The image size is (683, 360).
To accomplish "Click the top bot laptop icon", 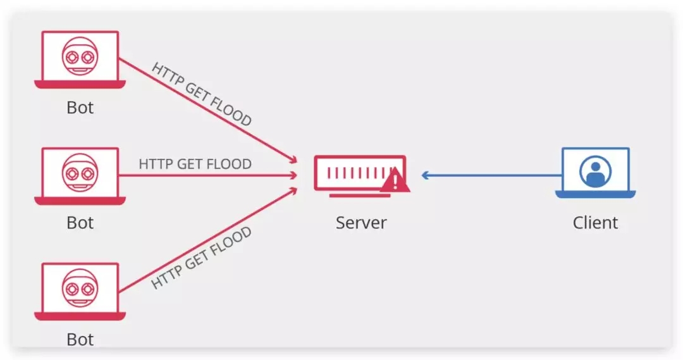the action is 80,59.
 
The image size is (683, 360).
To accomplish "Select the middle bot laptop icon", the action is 80,176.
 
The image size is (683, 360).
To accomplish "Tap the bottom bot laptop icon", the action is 80,292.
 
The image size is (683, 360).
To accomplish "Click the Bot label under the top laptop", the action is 80,108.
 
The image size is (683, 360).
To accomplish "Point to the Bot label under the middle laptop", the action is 80,223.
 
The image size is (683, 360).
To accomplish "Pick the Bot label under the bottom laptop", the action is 80,339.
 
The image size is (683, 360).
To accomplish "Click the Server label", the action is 361,223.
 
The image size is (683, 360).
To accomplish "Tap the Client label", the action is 595,223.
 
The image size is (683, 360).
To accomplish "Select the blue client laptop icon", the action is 596,173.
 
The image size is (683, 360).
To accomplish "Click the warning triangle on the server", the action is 395,180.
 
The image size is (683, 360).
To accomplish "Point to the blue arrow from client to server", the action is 492,176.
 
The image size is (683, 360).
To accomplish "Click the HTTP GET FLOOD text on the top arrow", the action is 202,94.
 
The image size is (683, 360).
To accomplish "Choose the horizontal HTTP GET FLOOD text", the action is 195,164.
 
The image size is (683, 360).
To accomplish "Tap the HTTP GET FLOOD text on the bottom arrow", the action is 201,258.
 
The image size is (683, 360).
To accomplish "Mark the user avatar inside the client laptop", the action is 596,171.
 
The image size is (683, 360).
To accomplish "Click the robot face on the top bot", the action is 80,56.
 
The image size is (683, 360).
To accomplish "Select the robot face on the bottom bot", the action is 80,288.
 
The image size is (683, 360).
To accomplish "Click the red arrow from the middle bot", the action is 208,176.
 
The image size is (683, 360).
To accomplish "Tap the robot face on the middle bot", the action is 80,173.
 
